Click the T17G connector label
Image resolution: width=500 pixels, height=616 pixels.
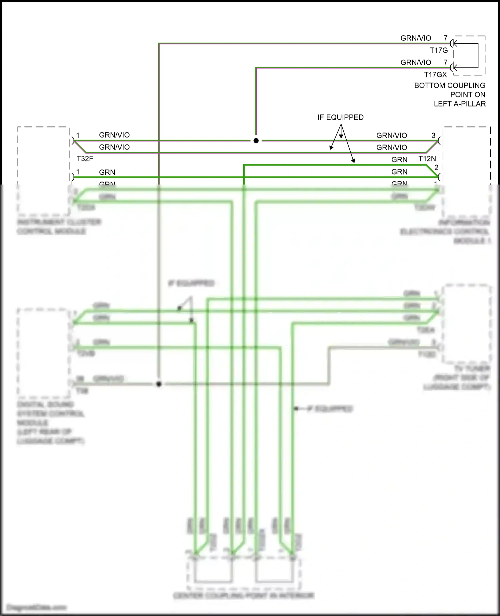pyautogui.click(x=439, y=50)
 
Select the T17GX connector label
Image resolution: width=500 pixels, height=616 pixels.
pyautogui.click(x=435, y=75)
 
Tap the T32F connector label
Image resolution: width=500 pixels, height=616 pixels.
pyautogui.click(x=85, y=159)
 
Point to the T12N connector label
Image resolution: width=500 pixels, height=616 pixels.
pyautogui.click(x=427, y=159)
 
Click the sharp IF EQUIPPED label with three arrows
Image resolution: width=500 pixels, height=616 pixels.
pyautogui.click(x=340, y=117)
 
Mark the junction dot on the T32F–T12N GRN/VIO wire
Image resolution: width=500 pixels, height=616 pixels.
pyautogui.click(x=256, y=141)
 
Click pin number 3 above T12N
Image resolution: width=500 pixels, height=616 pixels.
pyautogui.click(x=433, y=135)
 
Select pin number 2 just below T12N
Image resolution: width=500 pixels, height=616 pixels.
pyautogui.click(x=436, y=168)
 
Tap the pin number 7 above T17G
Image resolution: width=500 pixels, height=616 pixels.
pyautogui.click(x=445, y=38)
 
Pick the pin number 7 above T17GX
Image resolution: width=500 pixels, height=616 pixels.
pyautogui.click(x=445, y=62)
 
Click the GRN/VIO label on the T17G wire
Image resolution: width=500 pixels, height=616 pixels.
pyautogui.click(x=416, y=38)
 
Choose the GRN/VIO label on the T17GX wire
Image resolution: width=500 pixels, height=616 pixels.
pyautogui.click(x=416, y=63)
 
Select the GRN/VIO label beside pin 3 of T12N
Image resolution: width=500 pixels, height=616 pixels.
pyautogui.click(x=392, y=135)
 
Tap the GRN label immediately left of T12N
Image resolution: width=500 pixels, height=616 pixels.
pyautogui.click(x=399, y=160)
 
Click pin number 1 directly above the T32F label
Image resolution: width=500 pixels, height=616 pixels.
pyautogui.click(x=78, y=135)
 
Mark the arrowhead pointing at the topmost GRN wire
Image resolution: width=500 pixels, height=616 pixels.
pyautogui.click(x=353, y=161)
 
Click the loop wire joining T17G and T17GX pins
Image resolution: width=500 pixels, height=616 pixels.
pyautogui.click(x=478, y=55)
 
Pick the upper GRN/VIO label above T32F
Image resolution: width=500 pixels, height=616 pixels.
pyautogui.click(x=114, y=135)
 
